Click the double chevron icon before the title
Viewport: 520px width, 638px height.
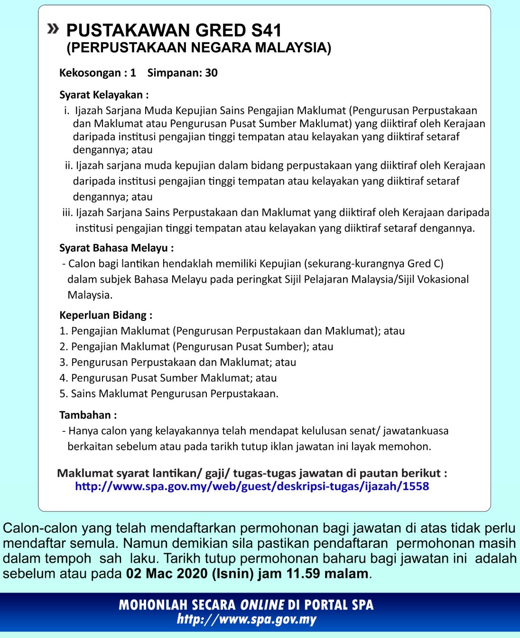coord(53,29)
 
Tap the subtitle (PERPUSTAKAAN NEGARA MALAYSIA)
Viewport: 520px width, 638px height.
coord(199,48)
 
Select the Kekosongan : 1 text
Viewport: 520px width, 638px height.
coord(97,73)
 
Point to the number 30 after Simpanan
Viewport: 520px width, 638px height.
coord(211,73)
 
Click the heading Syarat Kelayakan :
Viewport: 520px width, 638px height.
coord(104,95)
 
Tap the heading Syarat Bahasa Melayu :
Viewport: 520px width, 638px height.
coord(116,248)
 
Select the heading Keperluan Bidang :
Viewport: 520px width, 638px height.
coord(106,315)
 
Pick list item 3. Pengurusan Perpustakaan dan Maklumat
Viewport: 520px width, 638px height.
coord(178,362)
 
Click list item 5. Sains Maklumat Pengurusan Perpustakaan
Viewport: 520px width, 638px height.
coord(169,393)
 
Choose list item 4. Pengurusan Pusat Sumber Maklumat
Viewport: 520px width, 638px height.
coord(168,378)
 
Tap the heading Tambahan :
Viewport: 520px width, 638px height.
coord(88,415)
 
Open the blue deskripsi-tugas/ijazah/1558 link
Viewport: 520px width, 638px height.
coord(252,486)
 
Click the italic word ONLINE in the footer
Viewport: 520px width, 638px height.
coord(262,605)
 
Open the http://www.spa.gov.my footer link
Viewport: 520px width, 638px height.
coord(246,620)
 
